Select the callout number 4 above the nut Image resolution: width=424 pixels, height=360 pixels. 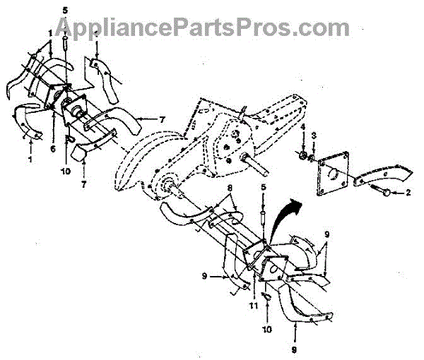[302, 127]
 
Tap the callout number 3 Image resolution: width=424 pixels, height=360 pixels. [314, 135]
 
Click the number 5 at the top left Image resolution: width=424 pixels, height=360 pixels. [65, 10]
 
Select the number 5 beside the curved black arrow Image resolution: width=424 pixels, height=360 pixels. [262, 188]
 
